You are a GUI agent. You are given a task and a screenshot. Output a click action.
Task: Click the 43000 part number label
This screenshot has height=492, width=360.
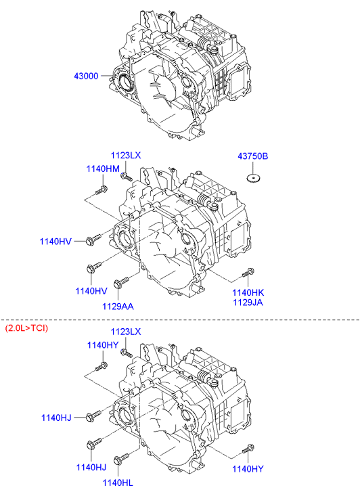pos(86,76)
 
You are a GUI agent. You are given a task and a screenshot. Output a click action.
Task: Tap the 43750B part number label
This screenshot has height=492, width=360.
pos(252,156)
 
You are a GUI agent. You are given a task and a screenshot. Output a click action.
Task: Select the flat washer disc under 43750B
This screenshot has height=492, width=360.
pos(253,178)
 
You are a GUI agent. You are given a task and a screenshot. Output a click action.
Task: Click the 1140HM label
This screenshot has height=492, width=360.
pos(103,169)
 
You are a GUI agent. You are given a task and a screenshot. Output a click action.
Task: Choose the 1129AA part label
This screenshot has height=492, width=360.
pos(118,307)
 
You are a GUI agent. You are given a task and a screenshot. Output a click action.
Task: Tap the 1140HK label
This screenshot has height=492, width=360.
pos(248,292)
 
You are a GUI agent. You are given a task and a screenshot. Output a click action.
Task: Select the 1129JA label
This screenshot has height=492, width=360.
pos(248,302)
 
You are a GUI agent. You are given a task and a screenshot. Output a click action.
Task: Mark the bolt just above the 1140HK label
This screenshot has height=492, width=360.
pos(248,273)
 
